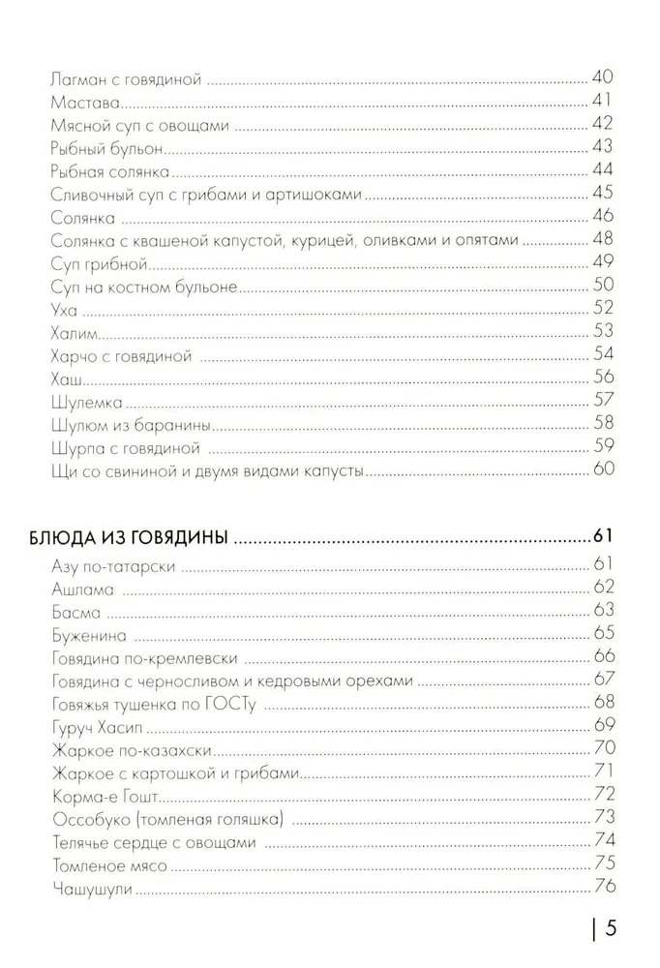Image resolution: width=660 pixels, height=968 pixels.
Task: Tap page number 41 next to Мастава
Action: [602, 102]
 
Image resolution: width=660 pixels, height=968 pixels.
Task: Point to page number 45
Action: [602, 195]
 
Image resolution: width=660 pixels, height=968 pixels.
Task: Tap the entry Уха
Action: [60, 311]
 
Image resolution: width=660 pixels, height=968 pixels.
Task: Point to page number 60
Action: [602, 471]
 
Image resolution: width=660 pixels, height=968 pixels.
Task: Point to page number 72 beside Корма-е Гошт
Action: [602, 796]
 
